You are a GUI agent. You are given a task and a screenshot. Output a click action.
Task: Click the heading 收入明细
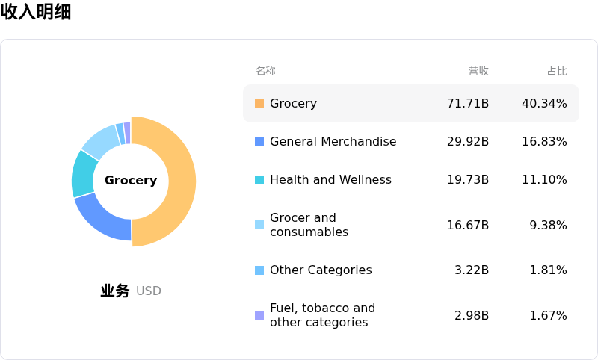tap(36, 12)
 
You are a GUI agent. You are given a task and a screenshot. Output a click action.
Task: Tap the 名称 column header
tap(265, 71)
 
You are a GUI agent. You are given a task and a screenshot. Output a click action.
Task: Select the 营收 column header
tap(478, 71)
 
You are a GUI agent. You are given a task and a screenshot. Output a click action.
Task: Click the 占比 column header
tap(557, 71)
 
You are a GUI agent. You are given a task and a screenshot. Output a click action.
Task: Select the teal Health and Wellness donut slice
tap(85, 174)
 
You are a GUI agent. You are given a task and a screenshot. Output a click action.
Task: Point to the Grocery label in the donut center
tap(131, 181)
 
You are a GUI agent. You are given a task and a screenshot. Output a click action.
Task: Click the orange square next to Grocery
tap(259, 104)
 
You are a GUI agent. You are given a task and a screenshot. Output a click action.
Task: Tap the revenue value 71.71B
tap(468, 104)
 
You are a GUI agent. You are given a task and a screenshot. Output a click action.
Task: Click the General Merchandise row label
tap(333, 142)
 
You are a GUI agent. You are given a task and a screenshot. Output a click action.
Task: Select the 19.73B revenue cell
tap(468, 180)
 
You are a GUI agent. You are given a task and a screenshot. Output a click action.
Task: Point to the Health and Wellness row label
tap(330, 180)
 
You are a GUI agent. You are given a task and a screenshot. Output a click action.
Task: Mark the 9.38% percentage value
tap(548, 226)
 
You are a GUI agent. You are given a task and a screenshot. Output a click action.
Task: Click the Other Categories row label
tap(321, 270)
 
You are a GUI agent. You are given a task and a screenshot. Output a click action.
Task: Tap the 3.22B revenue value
tap(472, 270)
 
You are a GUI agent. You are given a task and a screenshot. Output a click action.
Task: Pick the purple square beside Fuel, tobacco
tap(259, 315)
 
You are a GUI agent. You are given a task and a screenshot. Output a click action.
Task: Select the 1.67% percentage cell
tap(548, 316)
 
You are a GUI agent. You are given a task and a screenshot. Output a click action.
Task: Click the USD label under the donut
tap(149, 291)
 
